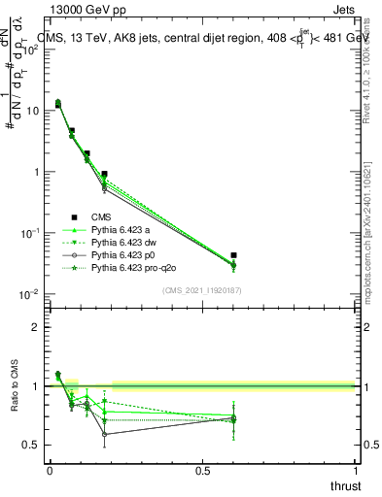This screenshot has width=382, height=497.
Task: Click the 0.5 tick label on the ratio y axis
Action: click(x=31, y=445)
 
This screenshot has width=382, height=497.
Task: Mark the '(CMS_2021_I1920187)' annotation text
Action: click(x=201, y=290)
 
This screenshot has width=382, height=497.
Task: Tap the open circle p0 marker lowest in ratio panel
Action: click(x=104, y=434)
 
